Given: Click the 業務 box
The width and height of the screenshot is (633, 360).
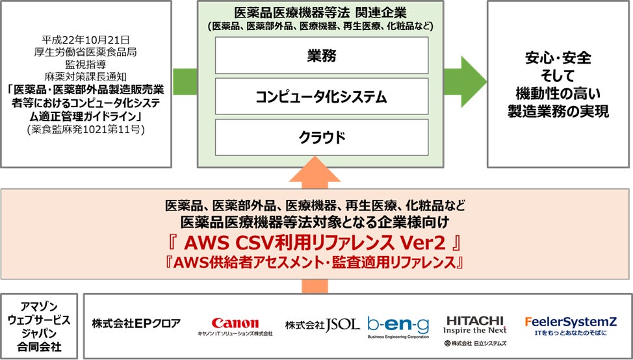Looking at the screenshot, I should [x=322, y=55].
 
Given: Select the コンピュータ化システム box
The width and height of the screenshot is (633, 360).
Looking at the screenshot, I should [x=322, y=97].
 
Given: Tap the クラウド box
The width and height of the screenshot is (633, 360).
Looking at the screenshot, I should [x=322, y=137].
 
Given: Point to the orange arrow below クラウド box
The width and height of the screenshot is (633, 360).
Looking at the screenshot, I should [x=322, y=174].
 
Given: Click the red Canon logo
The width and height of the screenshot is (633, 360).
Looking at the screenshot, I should [x=235, y=323].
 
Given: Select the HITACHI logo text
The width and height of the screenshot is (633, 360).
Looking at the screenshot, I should [x=475, y=320].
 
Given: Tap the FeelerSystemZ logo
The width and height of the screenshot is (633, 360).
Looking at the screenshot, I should [x=571, y=322].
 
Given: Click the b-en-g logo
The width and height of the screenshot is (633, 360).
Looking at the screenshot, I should [x=398, y=323].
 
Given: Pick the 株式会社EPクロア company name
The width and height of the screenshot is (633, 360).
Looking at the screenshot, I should [x=136, y=323].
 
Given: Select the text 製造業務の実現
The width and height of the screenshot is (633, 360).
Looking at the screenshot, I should [x=558, y=112].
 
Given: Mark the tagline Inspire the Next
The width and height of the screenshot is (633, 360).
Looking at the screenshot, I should [x=475, y=330].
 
